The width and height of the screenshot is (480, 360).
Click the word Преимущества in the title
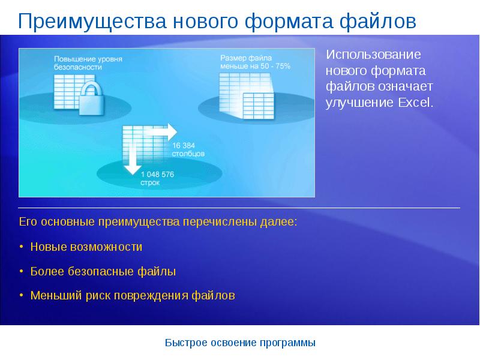click(x=92, y=22)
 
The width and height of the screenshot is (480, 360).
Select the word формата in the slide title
click(x=289, y=22)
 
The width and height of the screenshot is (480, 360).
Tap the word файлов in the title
click(x=378, y=22)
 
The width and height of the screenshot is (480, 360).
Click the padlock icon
click(x=91, y=98)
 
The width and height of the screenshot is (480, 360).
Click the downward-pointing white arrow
click(x=132, y=158)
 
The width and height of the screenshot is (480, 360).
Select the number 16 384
click(x=184, y=145)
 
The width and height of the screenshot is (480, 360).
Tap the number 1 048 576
click(x=157, y=175)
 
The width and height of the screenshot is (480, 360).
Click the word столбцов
click(x=188, y=154)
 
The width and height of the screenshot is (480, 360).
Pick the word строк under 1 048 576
click(x=150, y=183)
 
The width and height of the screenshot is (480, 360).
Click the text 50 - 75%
click(x=275, y=66)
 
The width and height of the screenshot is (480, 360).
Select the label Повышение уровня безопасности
click(x=88, y=63)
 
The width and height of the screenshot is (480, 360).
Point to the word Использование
click(x=373, y=55)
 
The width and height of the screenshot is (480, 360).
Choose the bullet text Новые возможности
click(x=86, y=247)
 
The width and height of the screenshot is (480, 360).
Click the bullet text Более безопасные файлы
click(x=103, y=271)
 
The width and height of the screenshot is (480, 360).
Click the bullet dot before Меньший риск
click(x=21, y=295)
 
